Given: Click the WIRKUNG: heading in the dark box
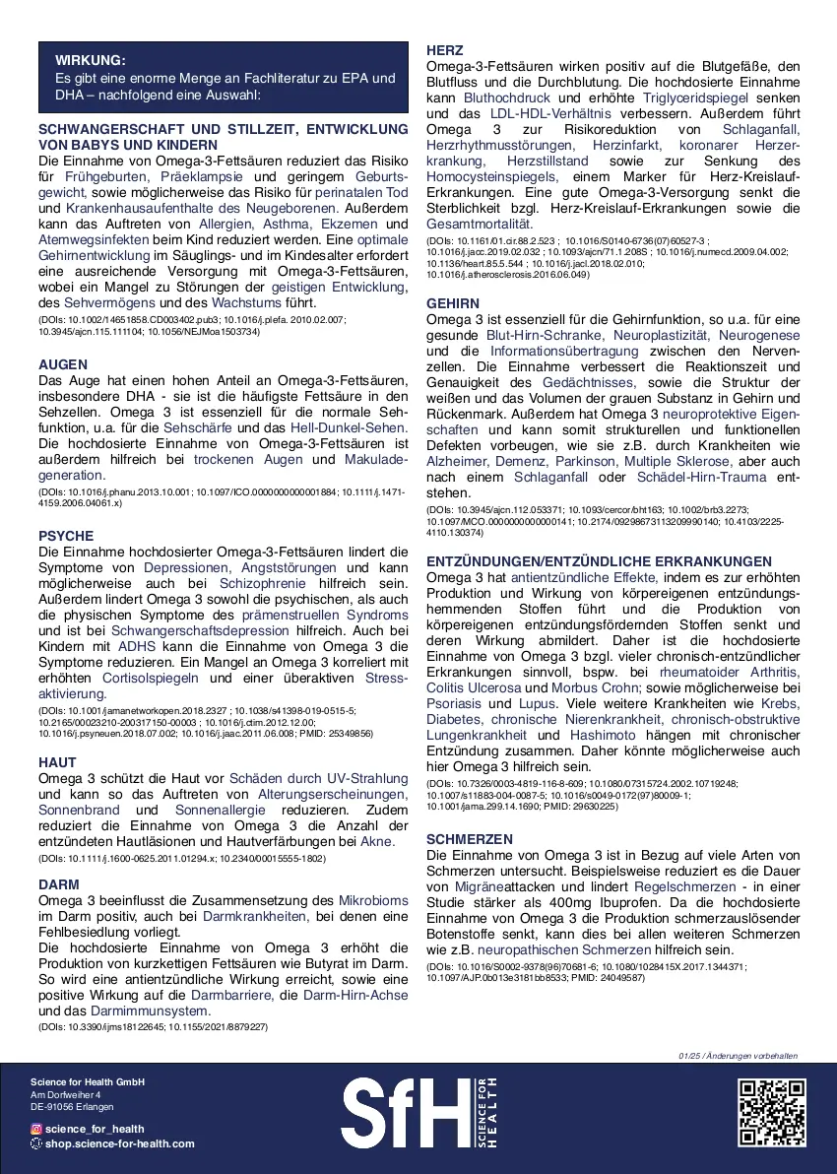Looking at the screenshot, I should point(91,60).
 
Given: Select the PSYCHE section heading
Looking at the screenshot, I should point(66,536).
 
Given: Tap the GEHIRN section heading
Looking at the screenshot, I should point(453,304).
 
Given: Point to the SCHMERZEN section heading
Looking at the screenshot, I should point(470,838).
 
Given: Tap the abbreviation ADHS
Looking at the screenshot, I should point(136,646).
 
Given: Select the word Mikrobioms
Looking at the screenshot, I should point(372,901).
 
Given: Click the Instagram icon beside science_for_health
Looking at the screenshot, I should point(36,1129).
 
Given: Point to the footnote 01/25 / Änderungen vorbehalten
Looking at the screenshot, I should point(738,1056).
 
